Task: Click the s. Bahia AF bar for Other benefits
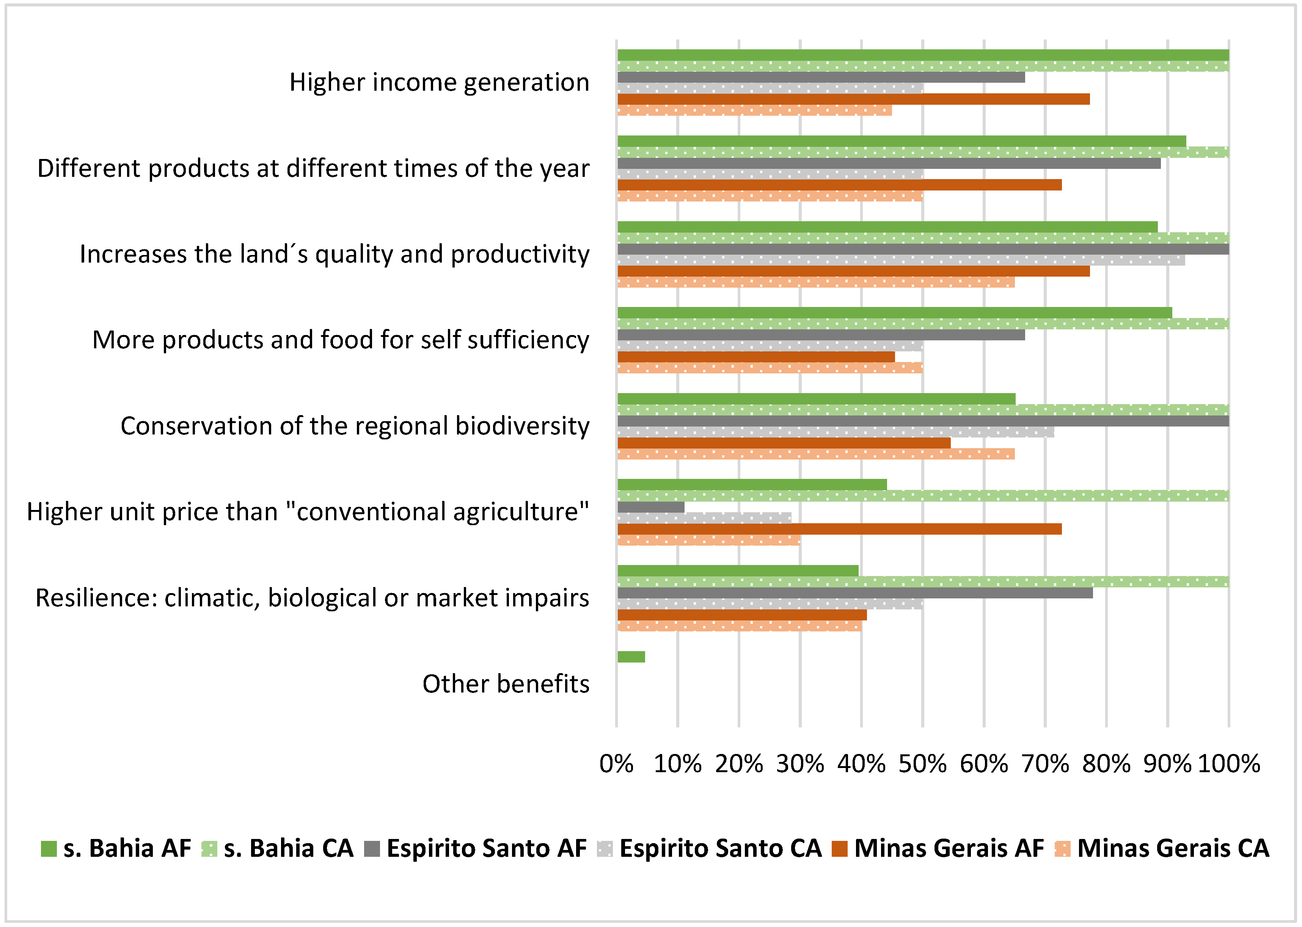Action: pyautogui.click(x=631, y=657)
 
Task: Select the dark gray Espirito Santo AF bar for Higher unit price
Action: pyautogui.click(x=651, y=507)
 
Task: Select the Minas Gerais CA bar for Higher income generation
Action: pyautogui.click(x=754, y=110)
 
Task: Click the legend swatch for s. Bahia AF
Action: pyautogui.click(x=49, y=849)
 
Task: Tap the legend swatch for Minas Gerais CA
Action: pyautogui.click(x=1062, y=849)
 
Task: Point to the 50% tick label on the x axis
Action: pyautogui.click(x=922, y=764)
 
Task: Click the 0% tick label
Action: pyautogui.click(x=616, y=764)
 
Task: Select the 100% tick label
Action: pyautogui.click(x=1229, y=764)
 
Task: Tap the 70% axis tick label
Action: pyautogui.click(x=1045, y=764)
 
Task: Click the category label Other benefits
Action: pyautogui.click(x=506, y=684)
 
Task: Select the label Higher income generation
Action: pyautogui.click(x=439, y=83)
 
